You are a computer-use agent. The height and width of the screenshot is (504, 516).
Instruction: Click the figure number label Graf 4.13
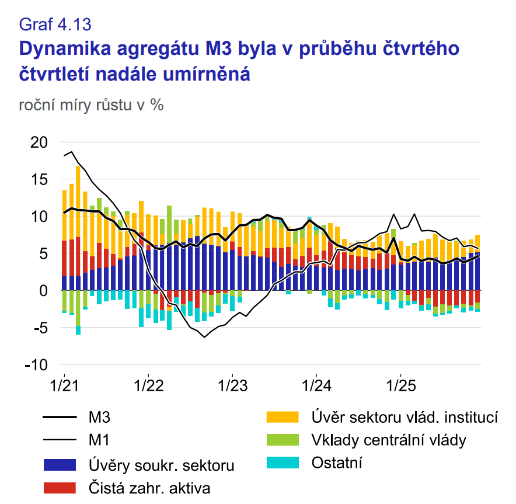[55, 24]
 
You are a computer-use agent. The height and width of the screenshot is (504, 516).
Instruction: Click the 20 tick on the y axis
[40, 142]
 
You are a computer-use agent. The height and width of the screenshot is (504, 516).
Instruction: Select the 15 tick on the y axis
[40, 179]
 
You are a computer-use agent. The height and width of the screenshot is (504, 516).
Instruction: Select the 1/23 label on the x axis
[232, 385]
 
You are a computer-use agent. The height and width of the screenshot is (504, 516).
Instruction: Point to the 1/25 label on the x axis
[400, 385]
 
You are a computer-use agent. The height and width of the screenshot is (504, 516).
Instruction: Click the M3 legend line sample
[60, 418]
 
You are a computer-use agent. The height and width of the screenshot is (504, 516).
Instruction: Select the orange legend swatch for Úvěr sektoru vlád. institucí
[283, 418]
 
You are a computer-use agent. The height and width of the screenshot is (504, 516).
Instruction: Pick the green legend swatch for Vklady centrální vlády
[283, 440]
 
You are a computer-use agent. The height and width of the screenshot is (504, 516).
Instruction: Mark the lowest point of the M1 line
[204, 337]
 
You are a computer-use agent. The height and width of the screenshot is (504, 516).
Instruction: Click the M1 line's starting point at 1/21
[64, 155]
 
